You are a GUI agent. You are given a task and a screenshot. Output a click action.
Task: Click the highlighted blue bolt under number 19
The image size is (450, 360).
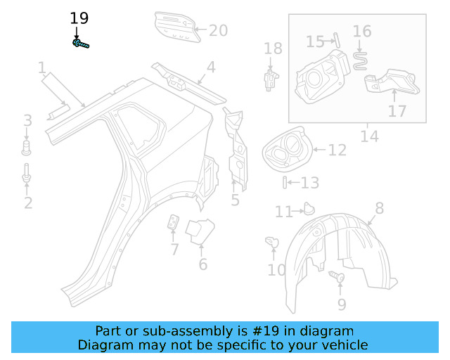pyautogui.click(x=80, y=44)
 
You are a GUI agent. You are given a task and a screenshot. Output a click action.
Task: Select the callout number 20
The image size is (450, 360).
pyautogui.click(x=219, y=30)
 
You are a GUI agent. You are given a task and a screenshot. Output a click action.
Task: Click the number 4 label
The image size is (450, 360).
pyautogui.click(x=210, y=68)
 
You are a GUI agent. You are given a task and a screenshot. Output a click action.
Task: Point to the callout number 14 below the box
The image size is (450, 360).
pyautogui.click(x=368, y=136)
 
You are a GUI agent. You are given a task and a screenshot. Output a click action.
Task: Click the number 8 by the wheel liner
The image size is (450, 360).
pyautogui.click(x=379, y=207)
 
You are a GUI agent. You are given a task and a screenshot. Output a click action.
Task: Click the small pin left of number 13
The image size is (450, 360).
pyautogui.click(x=284, y=183)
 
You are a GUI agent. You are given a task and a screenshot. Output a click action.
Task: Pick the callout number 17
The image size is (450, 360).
pyautogui.click(x=397, y=110)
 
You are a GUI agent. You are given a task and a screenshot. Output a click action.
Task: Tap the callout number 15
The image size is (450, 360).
pyautogui.click(x=315, y=42)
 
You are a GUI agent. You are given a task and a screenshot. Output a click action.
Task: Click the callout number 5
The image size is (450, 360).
pyautogui.click(x=235, y=200)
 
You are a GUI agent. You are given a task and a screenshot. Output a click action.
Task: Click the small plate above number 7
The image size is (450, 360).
pyautogui.click(x=173, y=223)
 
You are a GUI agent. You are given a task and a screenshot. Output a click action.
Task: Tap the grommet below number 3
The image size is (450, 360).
pyautogui.click(x=27, y=147)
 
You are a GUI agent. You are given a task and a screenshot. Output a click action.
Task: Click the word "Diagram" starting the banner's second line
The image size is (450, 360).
pyautogui.click(x=105, y=345)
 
